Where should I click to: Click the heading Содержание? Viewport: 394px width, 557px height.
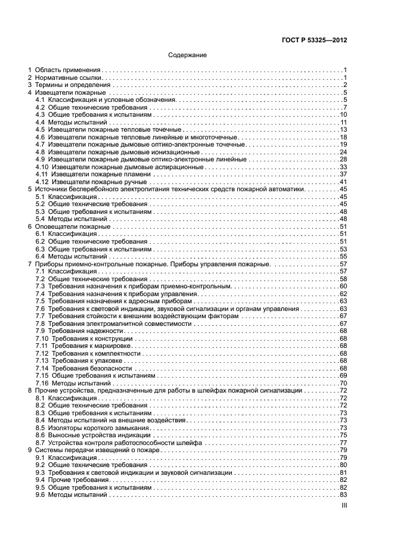(188, 55)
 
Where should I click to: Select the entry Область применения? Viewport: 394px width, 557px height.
(67, 70)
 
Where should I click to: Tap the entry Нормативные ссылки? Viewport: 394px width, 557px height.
(69, 78)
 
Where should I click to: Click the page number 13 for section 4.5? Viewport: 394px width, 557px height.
(343, 130)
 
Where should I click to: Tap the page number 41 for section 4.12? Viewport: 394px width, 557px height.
(343, 182)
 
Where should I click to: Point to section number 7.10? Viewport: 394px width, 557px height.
(42, 338)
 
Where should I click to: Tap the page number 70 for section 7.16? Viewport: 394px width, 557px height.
(343, 382)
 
